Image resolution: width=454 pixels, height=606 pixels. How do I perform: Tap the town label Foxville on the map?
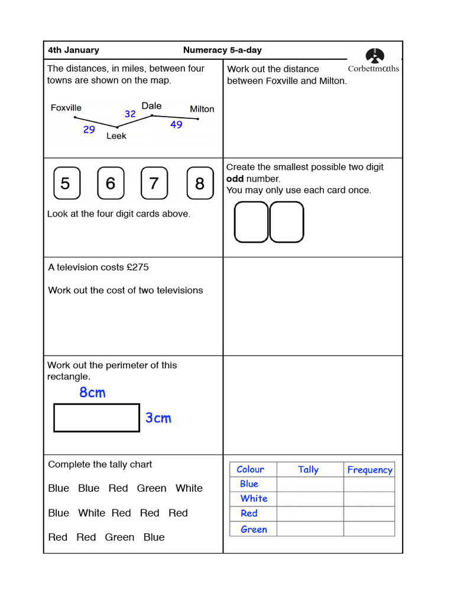[x=66, y=108]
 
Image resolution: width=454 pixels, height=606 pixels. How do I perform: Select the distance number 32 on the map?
[x=130, y=114]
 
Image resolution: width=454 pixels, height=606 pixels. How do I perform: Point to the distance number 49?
[x=176, y=125]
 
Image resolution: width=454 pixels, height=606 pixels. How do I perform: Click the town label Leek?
[x=116, y=136]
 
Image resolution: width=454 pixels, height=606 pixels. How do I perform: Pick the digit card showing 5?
[x=65, y=183]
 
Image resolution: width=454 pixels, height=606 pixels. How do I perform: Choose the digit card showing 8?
[x=200, y=183]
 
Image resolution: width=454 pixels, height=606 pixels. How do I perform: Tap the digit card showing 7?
[x=154, y=183]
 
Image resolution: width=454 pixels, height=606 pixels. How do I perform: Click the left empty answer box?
[x=251, y=222]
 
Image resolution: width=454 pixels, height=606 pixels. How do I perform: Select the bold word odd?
[x=235, y=179]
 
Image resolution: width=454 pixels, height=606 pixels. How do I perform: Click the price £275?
[x=138, y=267]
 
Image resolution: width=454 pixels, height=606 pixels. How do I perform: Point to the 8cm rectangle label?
[x=92, y=392]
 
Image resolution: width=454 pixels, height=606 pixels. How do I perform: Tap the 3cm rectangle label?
[x=158, y=418]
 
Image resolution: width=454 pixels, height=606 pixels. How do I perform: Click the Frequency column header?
[x=369, y=470]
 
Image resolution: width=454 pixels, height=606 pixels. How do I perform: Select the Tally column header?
[x=308, y=469]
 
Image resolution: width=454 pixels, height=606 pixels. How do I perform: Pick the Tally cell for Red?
[x=310, y=514]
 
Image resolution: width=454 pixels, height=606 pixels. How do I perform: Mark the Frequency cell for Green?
[x=369, y=529]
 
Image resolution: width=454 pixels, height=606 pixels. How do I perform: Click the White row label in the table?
[x=254, y=499]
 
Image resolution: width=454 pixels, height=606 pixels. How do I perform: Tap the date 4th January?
[x=73, y=50]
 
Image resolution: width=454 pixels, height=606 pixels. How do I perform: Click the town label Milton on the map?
[x=202, y=109]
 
